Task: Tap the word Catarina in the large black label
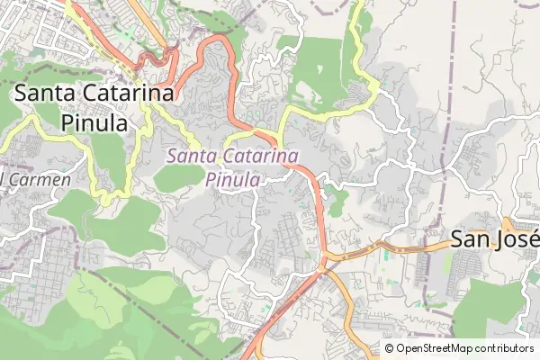130,94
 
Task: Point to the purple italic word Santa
192,157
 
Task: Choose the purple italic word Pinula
232,180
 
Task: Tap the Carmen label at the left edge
38,179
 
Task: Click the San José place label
493,239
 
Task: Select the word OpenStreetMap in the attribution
442,347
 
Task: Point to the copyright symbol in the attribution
389,347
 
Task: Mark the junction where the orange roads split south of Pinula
324,264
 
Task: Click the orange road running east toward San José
396,245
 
